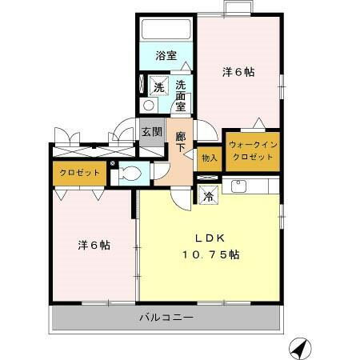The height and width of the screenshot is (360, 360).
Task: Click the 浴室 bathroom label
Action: [166, 57]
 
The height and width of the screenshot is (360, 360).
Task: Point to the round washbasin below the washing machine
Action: [148, 106]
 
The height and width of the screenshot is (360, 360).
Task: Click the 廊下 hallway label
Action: [181, 142]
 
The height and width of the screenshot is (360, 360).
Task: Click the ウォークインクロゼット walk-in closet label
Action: [252, 150]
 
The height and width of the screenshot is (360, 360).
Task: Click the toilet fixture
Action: [131, 173]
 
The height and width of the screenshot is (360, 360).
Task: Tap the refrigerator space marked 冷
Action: [208, 194]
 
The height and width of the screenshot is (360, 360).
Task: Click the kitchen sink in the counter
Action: [238, 187]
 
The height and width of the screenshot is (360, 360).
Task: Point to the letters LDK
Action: [212, 238]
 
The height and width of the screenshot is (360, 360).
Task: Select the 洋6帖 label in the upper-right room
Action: [238, 71]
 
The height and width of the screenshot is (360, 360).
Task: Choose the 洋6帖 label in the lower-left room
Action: [94, 246]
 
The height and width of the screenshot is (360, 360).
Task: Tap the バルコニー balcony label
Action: [166, 318]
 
